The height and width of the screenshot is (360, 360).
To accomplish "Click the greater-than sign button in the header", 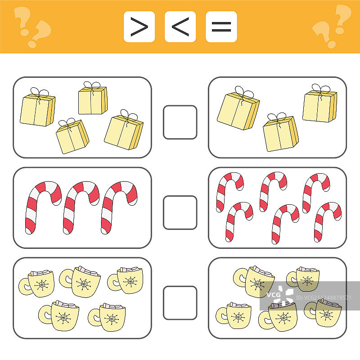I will (139, 27).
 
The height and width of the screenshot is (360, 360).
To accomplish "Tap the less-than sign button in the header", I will (180, 27).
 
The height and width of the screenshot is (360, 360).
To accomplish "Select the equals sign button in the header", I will (221, 27).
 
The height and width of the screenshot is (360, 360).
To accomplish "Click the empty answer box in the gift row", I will (180, 122).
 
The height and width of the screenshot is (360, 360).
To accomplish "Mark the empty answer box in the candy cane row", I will (180, 212).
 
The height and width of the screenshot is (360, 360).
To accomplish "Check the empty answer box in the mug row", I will (180, 303).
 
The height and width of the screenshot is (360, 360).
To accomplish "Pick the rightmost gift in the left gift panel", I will (124, 131).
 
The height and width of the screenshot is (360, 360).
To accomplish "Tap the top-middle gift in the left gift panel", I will (93, 100).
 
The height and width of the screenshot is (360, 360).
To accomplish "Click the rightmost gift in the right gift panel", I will (320, 105).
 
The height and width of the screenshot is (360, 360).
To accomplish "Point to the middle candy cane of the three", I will (81, 207).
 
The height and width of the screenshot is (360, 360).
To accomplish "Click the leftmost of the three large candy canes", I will (43, 207).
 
